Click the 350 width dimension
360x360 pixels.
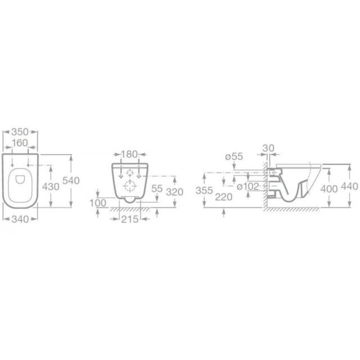[20, 132]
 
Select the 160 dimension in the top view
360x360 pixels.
[20, 143]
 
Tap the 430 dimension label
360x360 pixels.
[51, 187]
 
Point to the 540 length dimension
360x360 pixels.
[71, 181]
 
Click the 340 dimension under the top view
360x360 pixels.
[20, 219]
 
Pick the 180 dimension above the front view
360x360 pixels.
[130, 154]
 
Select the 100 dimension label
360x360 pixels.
[98, 203]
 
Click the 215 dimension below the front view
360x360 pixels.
[130, 219]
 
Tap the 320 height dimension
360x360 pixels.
[175, 192]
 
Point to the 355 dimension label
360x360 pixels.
[204, 190]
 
